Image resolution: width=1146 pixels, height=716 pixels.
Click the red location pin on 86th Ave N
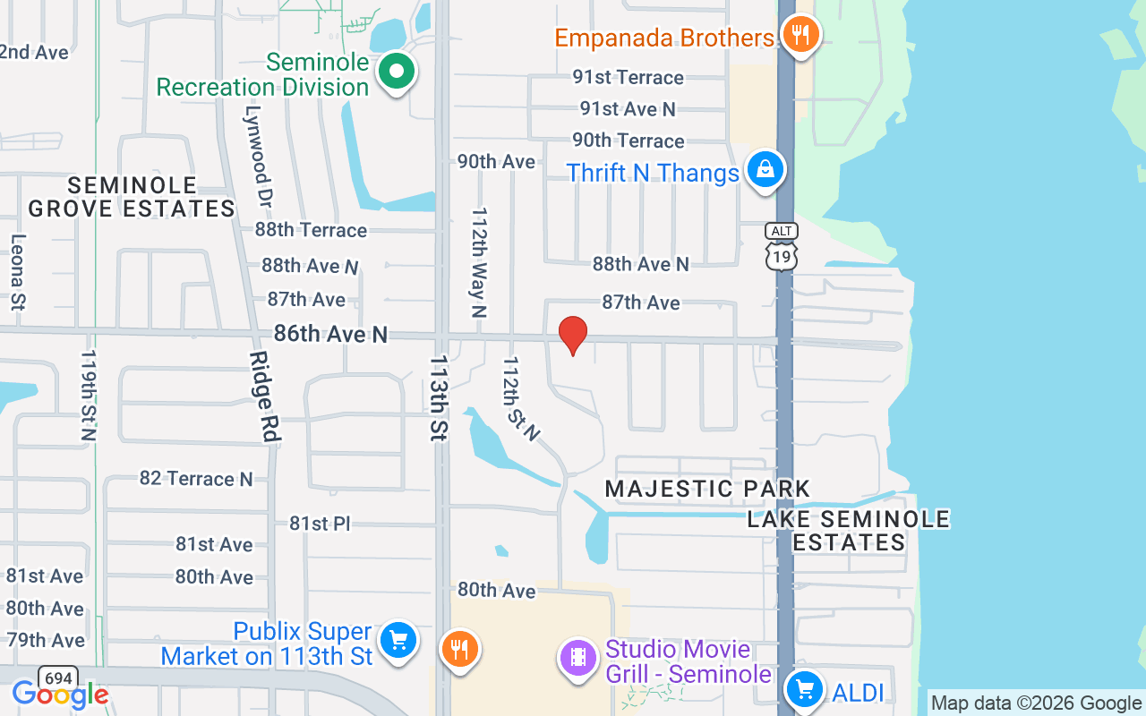coord(573,335)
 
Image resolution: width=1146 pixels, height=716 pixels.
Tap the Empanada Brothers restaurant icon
coord(800,36)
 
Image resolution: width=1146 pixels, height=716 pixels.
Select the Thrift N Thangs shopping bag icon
coord(765,170)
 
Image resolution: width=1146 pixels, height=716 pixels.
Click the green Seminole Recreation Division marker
coord(396,72)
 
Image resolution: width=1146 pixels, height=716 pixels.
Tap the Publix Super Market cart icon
coord(398,641)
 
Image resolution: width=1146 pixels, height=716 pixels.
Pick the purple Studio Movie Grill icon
coord(578,659)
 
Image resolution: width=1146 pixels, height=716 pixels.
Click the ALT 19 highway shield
coord(781,246)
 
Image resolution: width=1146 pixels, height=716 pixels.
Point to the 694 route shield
coord(57,678)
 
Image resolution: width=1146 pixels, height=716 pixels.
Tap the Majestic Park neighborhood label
coord(707,489)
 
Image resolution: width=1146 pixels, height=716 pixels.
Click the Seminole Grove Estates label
coord(132,197)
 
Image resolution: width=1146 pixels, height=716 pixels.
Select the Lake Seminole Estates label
coord(849,531)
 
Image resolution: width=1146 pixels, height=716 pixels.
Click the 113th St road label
coord(439,397)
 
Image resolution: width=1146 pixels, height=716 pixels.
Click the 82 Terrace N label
coord(196,479)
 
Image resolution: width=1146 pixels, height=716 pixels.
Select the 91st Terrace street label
coord(629,78)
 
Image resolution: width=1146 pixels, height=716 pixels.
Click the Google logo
coord(60,695)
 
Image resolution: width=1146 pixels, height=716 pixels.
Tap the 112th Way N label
coord(480,263)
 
